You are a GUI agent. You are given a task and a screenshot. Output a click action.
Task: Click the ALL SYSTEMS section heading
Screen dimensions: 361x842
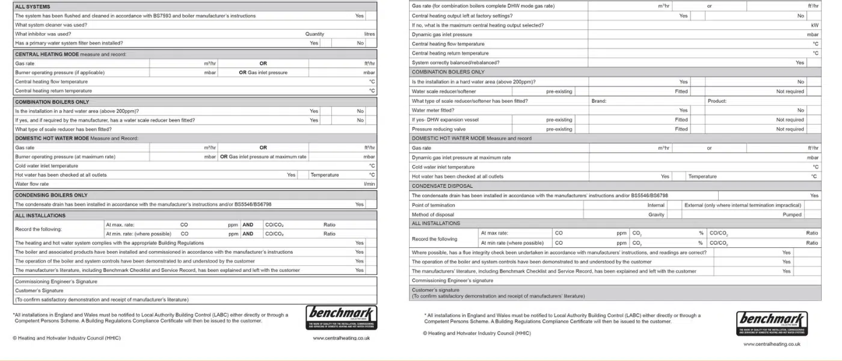click(33, 7)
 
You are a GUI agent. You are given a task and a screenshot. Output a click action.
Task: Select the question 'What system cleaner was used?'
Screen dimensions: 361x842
click(51, 25)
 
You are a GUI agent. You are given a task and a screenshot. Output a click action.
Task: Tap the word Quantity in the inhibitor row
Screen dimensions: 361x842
click(315, 34)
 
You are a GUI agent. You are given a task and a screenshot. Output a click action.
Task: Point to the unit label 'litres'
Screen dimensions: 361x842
click(369, 34)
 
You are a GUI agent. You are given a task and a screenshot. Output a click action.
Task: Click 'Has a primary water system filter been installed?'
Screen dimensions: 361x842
click(69, 43)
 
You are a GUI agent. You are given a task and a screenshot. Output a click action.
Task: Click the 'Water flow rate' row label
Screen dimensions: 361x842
click(32, 184)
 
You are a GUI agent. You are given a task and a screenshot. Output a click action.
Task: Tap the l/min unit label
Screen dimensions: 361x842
click(369, 184)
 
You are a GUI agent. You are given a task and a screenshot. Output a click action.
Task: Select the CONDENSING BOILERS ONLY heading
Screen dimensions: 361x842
click(51, 196)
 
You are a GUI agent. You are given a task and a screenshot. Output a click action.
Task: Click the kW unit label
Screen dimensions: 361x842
click(815, 25)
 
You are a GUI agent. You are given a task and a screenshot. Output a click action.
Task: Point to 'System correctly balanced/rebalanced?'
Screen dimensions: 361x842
click(455, 63)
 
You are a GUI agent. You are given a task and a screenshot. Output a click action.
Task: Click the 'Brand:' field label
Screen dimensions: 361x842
click(599, 101)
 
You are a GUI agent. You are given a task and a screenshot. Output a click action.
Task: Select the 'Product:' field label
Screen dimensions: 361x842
click(718, 101)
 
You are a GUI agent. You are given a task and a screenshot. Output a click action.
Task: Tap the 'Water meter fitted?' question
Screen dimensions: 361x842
click(433, 111)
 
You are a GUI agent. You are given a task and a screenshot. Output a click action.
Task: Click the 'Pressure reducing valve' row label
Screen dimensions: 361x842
click(438, 129)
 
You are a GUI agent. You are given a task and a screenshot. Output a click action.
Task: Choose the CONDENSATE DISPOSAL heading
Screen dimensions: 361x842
click(442, 186)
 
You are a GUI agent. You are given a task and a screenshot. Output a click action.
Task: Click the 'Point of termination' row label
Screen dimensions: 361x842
click(434, 205)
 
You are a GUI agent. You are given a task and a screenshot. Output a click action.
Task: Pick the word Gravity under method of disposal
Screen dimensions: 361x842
click(656, 215)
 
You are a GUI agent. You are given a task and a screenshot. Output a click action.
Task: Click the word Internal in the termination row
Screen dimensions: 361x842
click(656, 205)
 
